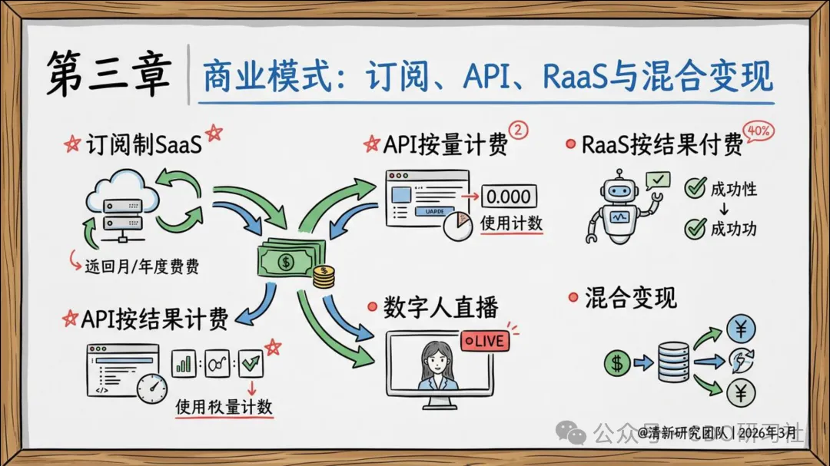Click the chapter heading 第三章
point(107,75)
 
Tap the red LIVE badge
point(485,339)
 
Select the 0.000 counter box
point(509,197)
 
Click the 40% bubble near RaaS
point(759,131)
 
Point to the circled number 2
point(520,131)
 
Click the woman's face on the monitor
point(437,358)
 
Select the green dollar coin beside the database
point(616,362)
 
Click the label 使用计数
point(511,223)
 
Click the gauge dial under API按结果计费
point(151,388)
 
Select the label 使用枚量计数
point(224,405)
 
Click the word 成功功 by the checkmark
point(733,228)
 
